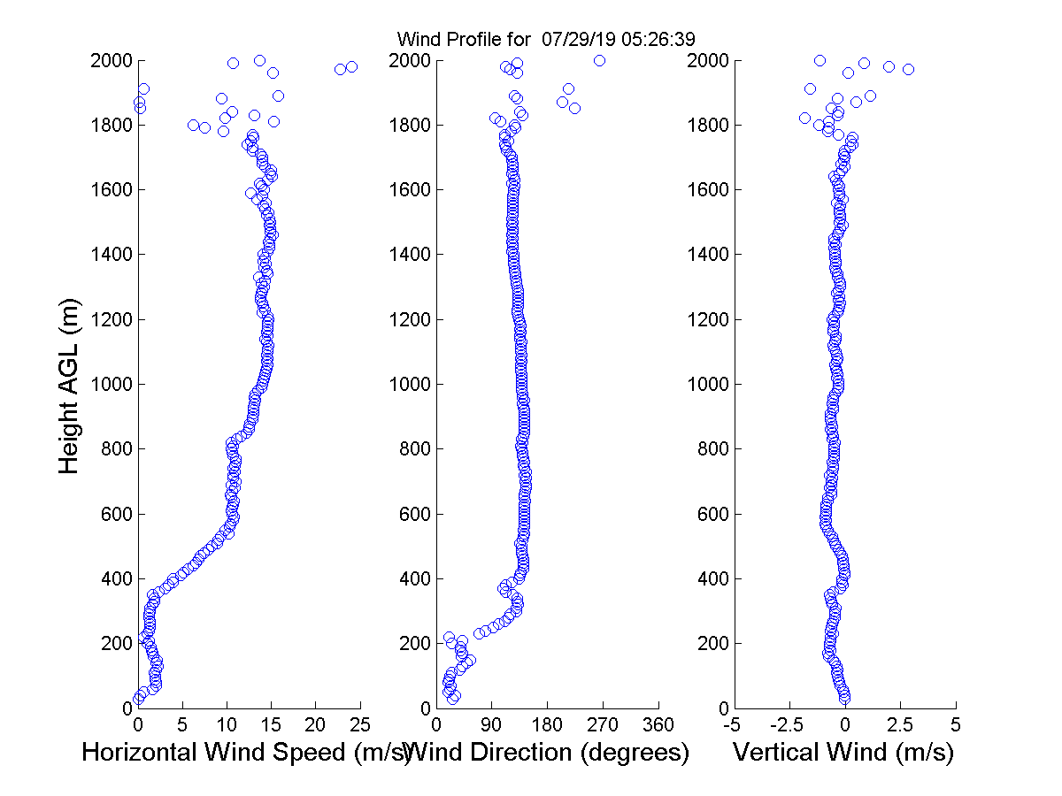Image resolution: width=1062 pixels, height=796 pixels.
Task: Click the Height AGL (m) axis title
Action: (x=70, y=384)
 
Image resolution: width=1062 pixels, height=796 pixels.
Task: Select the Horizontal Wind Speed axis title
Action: (x=246, y=753)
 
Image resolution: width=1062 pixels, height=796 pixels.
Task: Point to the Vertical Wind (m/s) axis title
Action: (x=843, y=753)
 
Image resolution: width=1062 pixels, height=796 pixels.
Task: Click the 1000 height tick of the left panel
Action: (x=112, y=384)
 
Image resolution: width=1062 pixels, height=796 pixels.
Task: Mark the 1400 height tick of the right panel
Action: (x=709, y=255)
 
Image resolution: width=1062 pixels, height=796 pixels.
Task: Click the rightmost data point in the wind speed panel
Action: (x=351, y=66)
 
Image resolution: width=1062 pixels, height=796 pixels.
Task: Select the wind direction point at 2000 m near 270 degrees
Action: (x=599, y=60)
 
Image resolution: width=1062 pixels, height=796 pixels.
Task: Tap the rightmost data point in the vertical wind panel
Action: (x=908, y=69)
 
